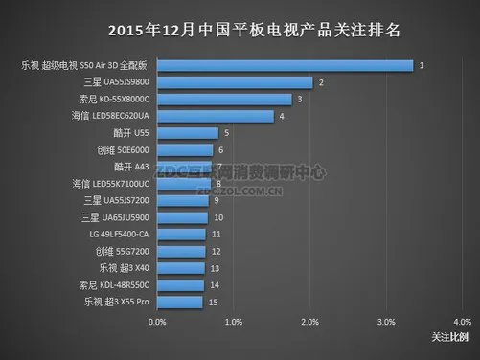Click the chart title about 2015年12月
pyautogui.click(x=240, y=29)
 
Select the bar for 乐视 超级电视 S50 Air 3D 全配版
pyautogui.click(x=286, y=65)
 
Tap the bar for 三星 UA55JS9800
pyautogui.click(x=238, y=82)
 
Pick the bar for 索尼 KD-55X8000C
pyautogui.click(x=225, y=99)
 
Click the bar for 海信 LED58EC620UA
pyautogui.click(x=216, y=116)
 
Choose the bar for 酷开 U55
pyautogui.click(x=188, y=133)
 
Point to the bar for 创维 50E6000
pyautogui.click(x=186, y=149)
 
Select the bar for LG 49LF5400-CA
pyautogui.click(x=182, y=234)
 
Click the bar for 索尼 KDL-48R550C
pyautogui.click(x=181, y=284)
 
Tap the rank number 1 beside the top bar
pyautogui.click(x=422, y=65)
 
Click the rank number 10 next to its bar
pyautogui.click(x=218, y=217)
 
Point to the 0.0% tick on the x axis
pyautogui.click(x=158, y=322)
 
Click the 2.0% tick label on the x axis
pyautogui.click(x=309, y=322)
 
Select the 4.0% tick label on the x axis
pyautogui.click(x=461, y=322)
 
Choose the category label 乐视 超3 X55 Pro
pyautogui.click(x=111, y=302)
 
